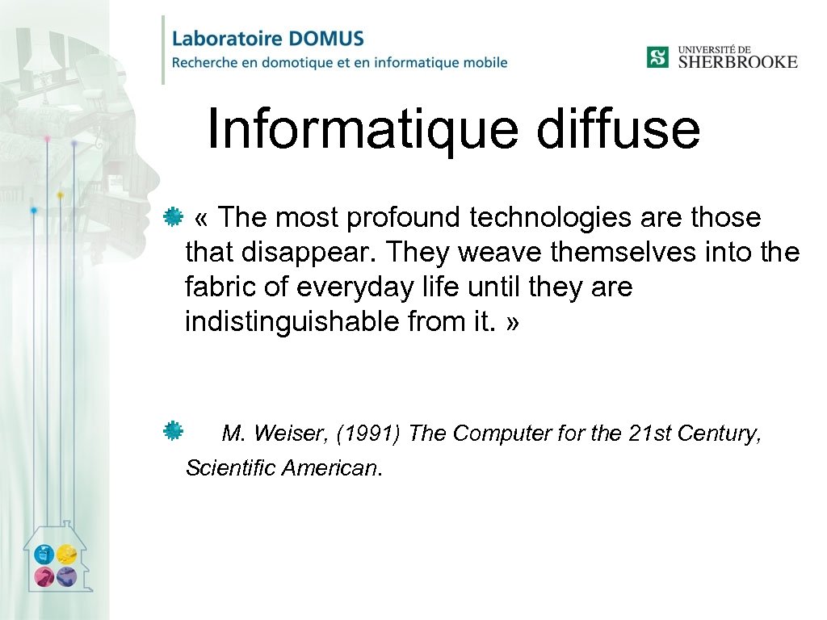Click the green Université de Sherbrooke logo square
pos(657,57)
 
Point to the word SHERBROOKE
pos(737,62)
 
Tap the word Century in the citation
pos(719,434)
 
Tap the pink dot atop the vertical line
pos(47,139)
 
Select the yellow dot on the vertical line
pos(60,195)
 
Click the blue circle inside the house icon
pos(44,555)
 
